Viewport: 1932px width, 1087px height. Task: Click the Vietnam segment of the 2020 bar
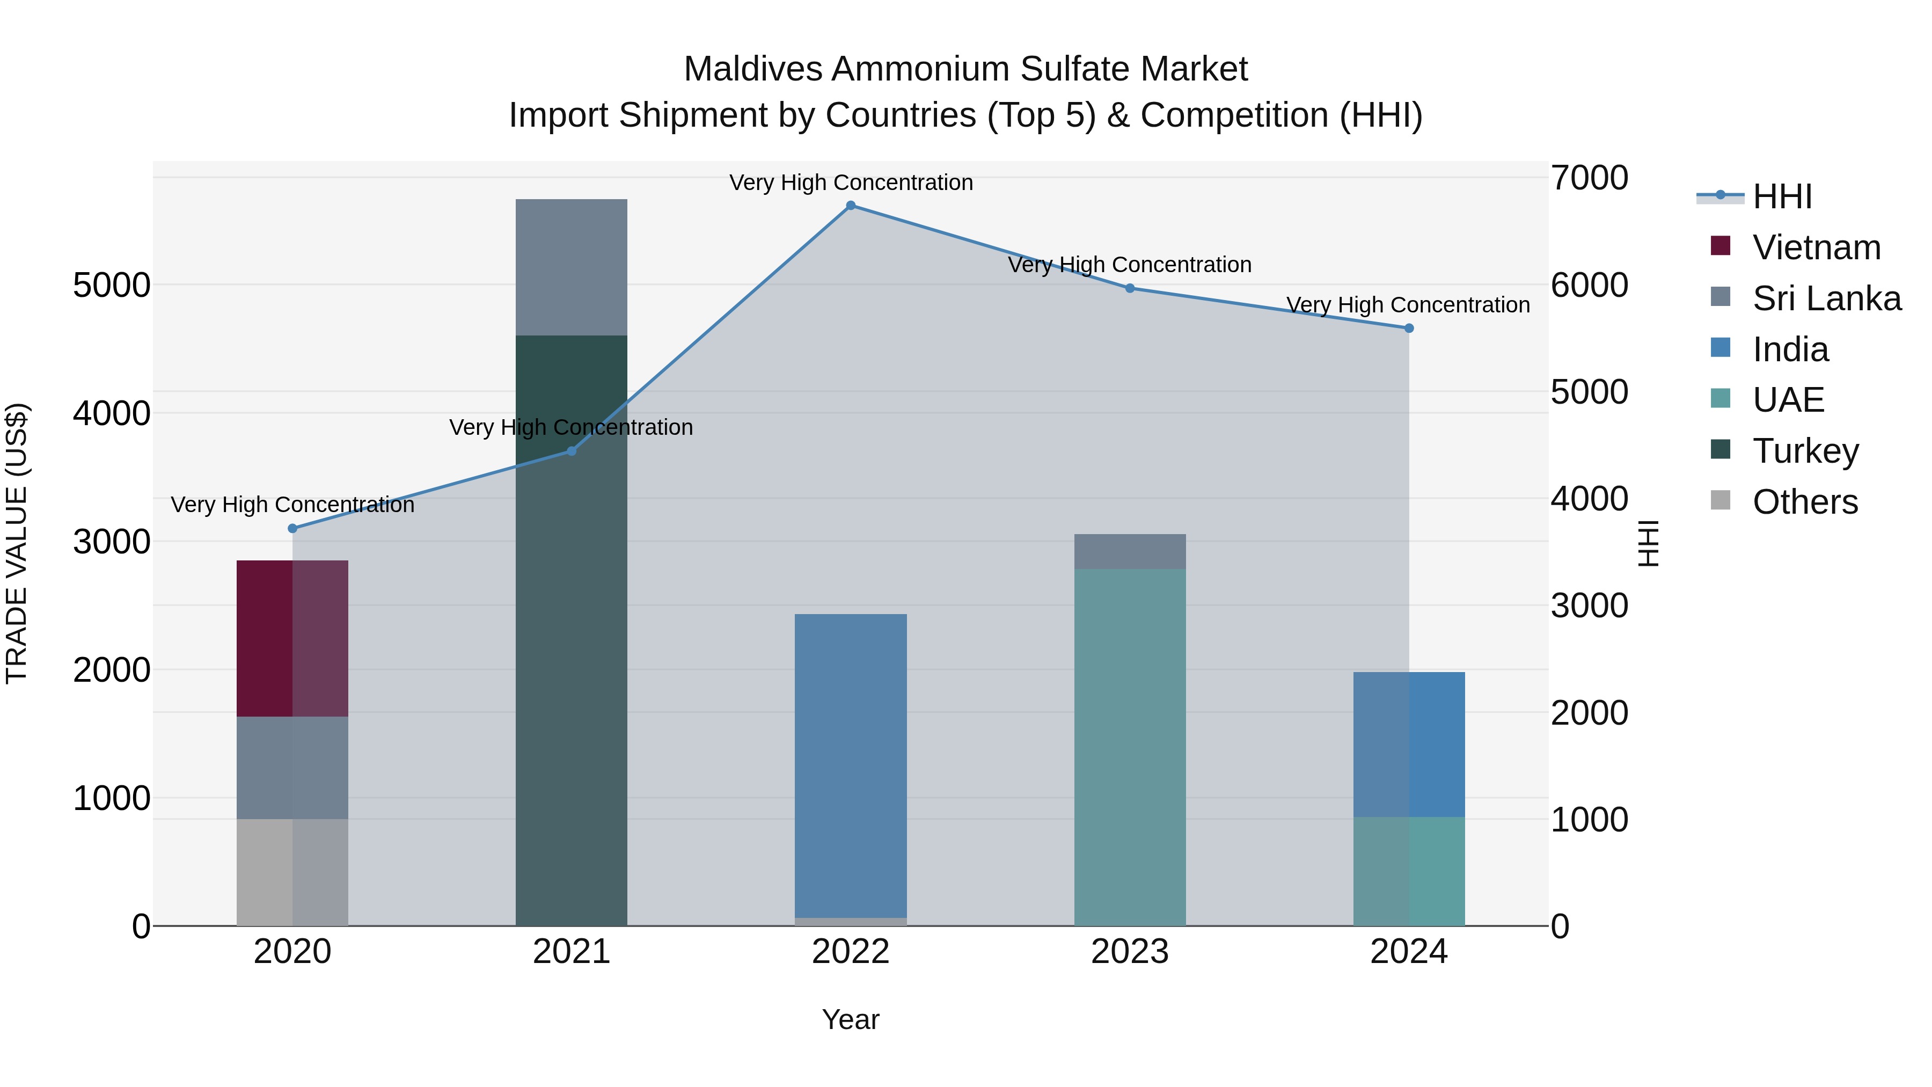pyautogui.click(x=292, y=638)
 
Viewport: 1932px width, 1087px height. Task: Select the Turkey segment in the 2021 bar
pyautogui.click(x=571, y=630)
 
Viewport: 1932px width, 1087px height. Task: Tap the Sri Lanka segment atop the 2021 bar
pyautogui.click(x=571, y=267)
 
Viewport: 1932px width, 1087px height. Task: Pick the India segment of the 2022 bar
pyautogui.click(x=851, y=765)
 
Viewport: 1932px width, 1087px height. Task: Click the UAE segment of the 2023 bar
pyautogui.click(x=1130, y=747)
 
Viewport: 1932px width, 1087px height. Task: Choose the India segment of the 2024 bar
pyautogui.click(x=1409, y=744)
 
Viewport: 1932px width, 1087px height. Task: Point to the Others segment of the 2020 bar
pyautogui.click(x=292, y=872)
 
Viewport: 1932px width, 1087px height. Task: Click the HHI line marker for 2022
pyautogui.click(x=851, y=206)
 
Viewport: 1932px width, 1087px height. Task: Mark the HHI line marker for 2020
pyautogui.click(x=292, y=529)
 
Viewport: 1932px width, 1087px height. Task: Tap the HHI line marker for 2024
pyautogui.click(x=1409, y=328)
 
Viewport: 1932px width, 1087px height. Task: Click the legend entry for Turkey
pyautogui.click(x=1805, y=451)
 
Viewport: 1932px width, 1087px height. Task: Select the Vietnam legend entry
pyautogui.click(x=1816, y=247)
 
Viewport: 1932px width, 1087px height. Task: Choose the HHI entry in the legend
pyautogui.click(x=1782, y=196)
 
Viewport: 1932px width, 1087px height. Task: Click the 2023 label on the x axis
pyautogui.click(x=1130, y=952)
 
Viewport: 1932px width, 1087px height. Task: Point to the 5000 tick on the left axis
pyautogui.click(x=111, y=285)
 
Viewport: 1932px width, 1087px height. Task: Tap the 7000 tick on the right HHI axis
pyautogui.click(x=1589, y=179)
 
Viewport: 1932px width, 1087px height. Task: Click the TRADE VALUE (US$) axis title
pyautogui.click(x=17, y=543)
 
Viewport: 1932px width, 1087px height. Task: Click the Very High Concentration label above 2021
pyautogui.click(x=571, y=428)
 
